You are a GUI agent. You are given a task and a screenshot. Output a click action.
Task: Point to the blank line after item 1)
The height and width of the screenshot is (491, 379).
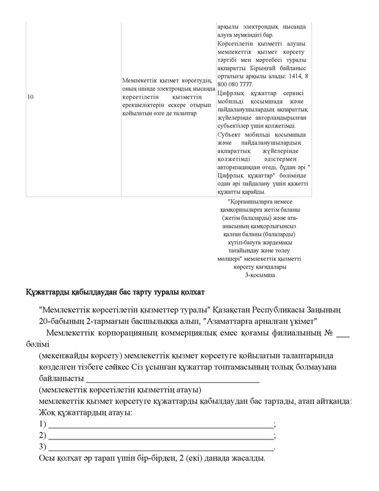tap(160, 424)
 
